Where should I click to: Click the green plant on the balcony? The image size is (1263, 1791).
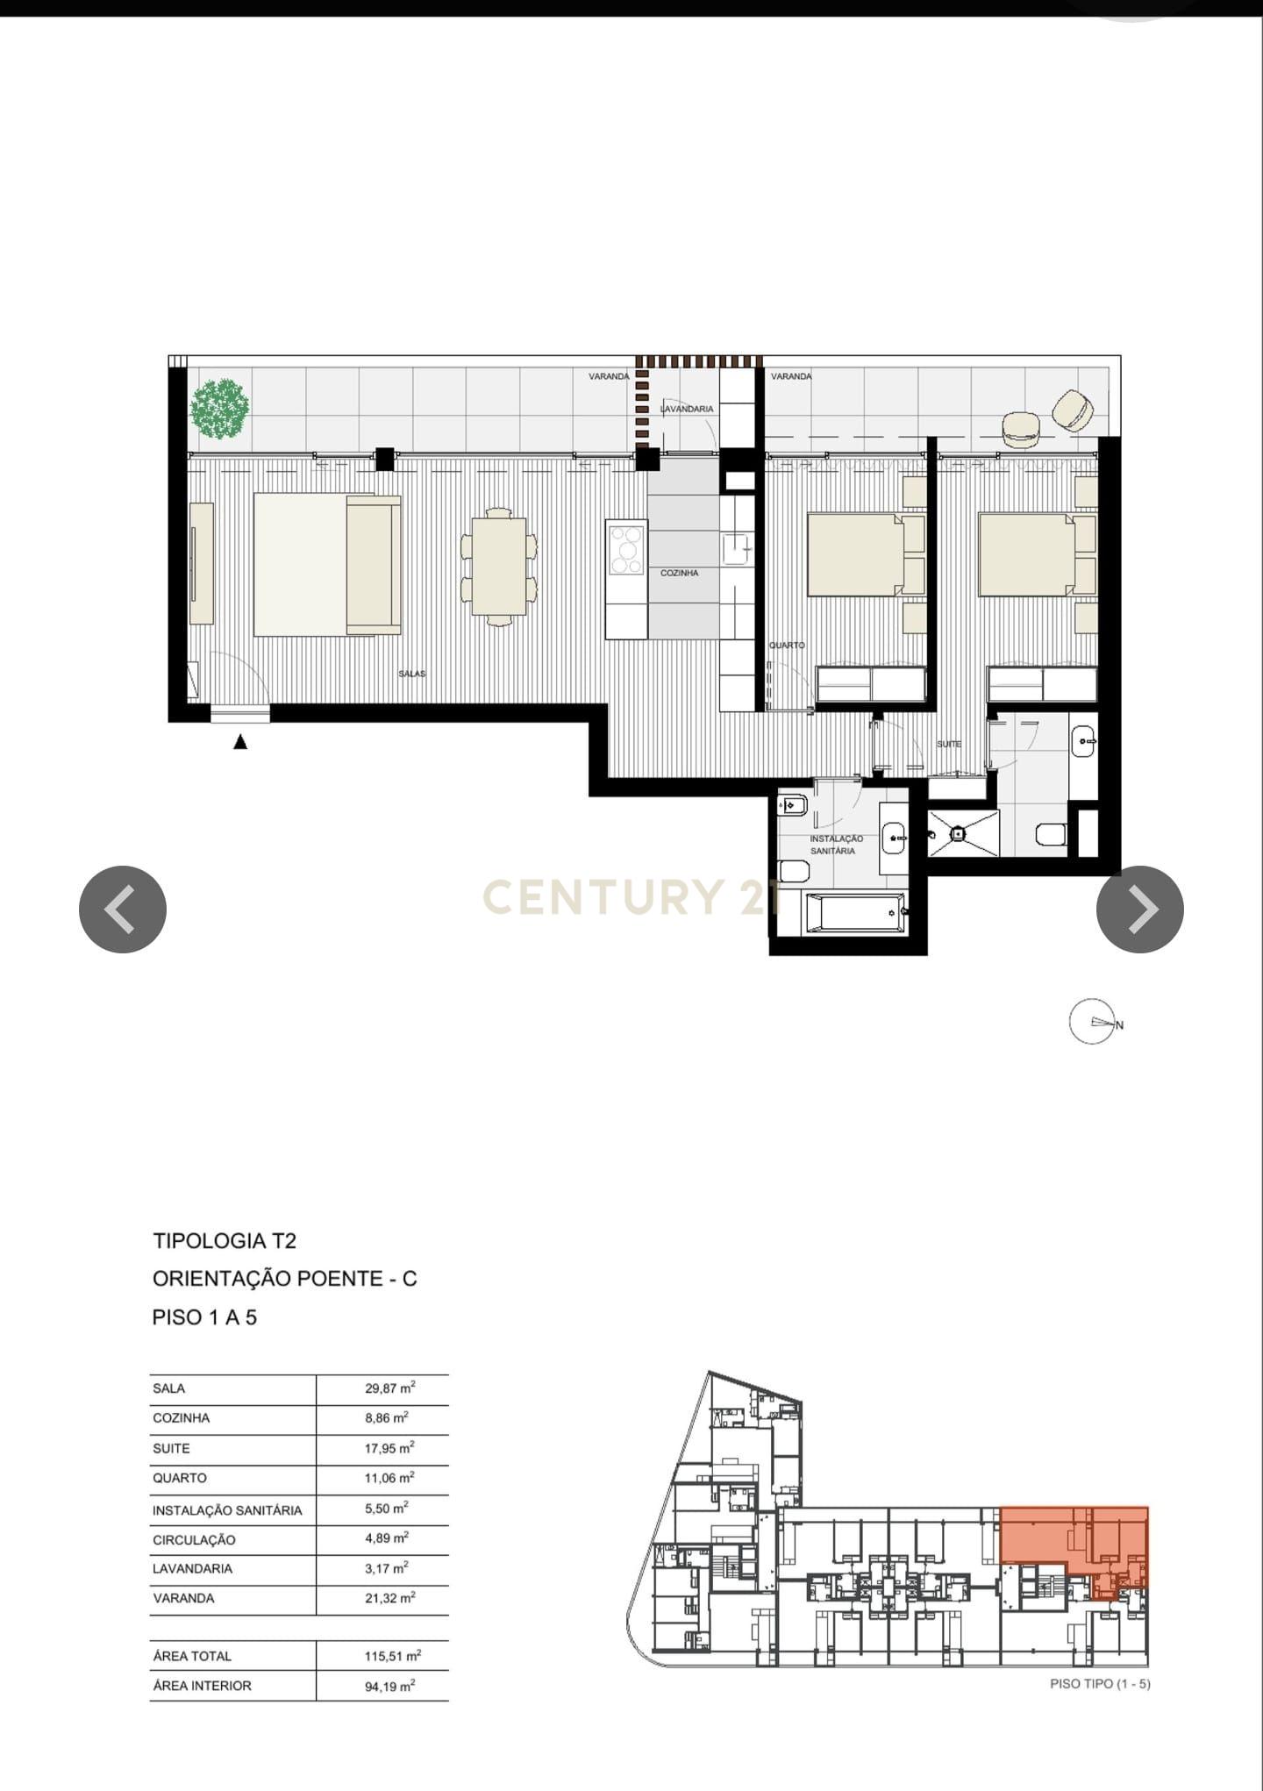pos(220,408)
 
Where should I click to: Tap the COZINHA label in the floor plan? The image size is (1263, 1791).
pos(679,573)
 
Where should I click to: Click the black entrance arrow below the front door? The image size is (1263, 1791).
pos(239,742)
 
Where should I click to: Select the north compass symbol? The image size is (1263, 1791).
pos(1093,1022)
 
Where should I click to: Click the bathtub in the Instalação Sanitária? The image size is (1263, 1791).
pos(856,912)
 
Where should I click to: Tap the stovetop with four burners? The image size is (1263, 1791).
pos(626,549)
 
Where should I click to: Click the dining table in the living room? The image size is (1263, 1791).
pos(498,567)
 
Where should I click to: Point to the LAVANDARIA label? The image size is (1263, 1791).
pos(687,409)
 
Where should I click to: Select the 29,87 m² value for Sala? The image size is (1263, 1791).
pos(389,1388)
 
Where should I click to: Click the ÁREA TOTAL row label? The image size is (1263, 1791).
pos(192,1656)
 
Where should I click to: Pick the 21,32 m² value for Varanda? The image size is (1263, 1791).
pos(389,1598)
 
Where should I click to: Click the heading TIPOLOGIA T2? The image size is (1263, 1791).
pos(225,1241)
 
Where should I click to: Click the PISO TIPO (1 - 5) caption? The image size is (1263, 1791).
pos(1100,1684)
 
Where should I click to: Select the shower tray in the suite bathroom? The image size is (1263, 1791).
pos(962,832)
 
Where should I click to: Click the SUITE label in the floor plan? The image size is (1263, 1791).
pos(948,744)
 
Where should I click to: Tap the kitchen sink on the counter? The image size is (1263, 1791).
pos(734,549)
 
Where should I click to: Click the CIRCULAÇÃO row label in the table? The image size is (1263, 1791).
pos(194,1540)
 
